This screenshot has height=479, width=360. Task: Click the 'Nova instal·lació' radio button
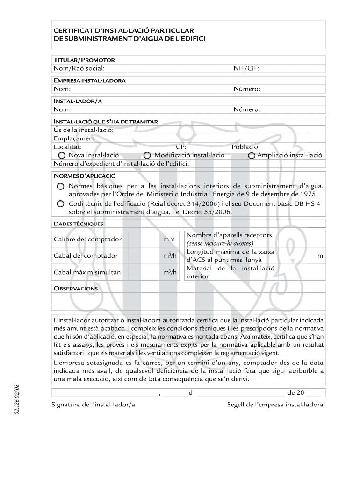pos(61,155)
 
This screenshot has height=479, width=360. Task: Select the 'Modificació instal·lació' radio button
pos(147,155)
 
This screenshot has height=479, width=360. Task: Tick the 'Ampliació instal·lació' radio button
pos(252,155)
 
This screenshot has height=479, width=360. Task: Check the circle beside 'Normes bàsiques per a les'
pos(61,186)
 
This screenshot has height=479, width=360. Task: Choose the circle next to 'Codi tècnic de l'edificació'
pos(61,204)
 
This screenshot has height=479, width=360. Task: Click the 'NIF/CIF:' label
pos(246,69)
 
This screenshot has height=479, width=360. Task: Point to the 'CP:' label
pos(181,147)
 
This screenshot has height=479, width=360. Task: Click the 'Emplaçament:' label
pos(75,138)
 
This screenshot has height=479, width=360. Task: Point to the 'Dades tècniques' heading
pos(78,224)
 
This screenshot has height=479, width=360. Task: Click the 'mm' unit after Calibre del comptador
pos(169,239)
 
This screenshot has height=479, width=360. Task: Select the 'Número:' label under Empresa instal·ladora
pos(247,89)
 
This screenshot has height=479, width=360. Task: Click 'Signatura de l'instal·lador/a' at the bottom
pos(93,405)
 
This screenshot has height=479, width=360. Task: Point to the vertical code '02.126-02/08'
pos(17,399)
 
